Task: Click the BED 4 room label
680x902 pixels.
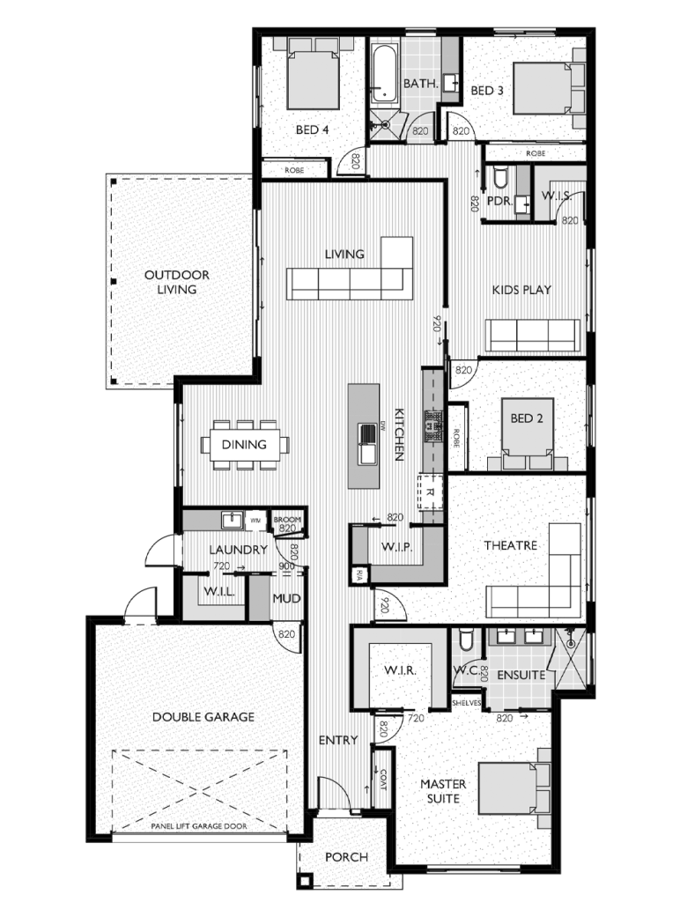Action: [312, 129]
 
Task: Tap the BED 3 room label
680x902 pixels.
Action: [487, 90]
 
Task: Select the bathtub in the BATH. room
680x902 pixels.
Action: [384, 76]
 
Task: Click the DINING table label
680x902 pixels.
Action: [244, 445]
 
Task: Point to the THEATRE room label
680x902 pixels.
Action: [510, 546]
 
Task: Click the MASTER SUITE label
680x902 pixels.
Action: [443, 791]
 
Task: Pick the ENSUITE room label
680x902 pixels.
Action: [521, 675]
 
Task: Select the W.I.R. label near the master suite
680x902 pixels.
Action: [399, 672]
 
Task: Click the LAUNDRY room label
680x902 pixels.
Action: [239, 550]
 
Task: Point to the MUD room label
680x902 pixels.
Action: [287, 599]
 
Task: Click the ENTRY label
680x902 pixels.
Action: [338, 740]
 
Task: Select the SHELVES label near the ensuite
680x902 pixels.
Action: [465, 704]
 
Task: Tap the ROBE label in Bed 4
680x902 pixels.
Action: [294, 169]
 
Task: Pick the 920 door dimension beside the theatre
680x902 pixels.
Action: [384, 605]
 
